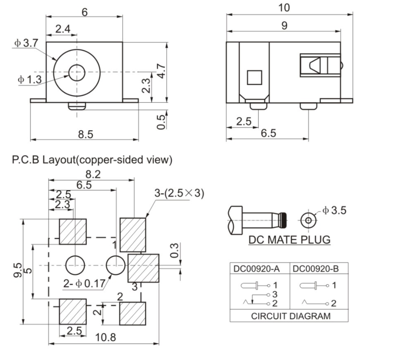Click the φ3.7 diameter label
click(26, 43)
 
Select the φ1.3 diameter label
click(29, 79)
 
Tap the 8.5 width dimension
click(86, 134)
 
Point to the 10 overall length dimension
click(284, 7)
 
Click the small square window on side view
click(254, 77)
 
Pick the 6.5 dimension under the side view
click(268, 133)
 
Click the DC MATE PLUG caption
click(289, 239)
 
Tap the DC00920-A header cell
click(257, 269)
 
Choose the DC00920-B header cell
click(316, 269)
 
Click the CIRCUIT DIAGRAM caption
click(290, 316)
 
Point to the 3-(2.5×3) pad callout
click(179, 193)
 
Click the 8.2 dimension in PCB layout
click(92, 174)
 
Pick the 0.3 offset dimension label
click(175, 251)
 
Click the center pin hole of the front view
click(76, 73)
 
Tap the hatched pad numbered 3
click(144, 268)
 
